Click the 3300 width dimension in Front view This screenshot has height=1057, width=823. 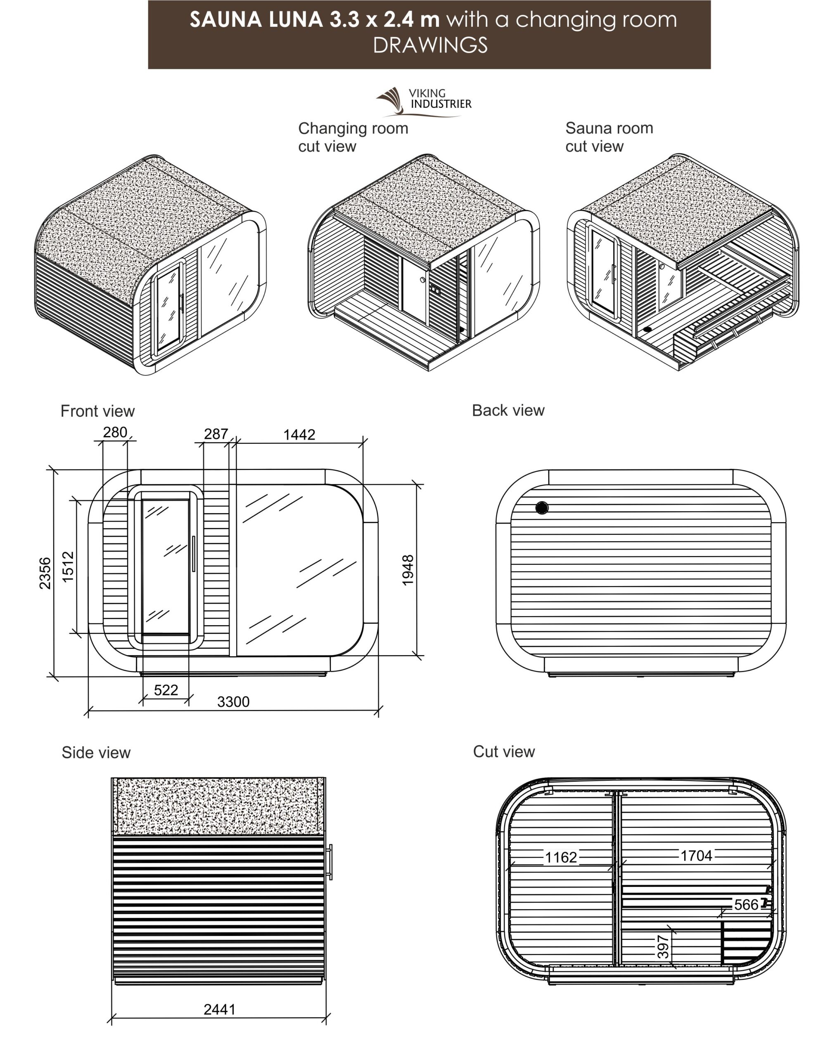[x=233, y=702]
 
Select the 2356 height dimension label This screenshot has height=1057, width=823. [x=45, y=574]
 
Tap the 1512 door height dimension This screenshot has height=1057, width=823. [x=68, y=566]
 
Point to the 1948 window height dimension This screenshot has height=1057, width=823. [x=408, y=570]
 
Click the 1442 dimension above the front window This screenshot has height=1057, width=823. [x=299, y=435]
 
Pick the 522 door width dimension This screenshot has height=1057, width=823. [x=166, y=690]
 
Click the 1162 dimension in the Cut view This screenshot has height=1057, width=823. [x=561, y=858]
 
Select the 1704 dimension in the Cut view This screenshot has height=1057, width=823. [x=697, y=856]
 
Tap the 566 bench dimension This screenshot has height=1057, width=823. [x=747, y=905]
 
